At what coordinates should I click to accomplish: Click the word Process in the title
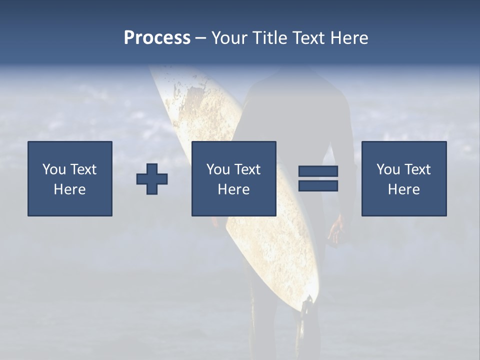click(x=157, y=38)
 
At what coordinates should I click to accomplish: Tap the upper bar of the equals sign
click(x=318, y=171)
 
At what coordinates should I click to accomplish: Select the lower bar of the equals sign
click(x=318, y=185)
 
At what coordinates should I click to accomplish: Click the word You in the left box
click(x=54, y=169)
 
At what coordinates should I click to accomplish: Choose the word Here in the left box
click(x=69, y=189)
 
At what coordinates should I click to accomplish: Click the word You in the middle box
click(x=218, y=169)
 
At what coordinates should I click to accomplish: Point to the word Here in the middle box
click(x=233, y=189)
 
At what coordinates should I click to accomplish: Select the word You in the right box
click(x=388, y=169)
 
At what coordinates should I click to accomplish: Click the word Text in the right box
click(x=417, y=169)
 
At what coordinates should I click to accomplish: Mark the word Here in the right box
click(x=403, y=189)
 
